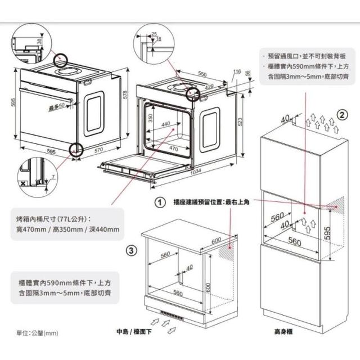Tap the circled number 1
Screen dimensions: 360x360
coord(160,201)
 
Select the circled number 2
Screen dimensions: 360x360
coord(341,115)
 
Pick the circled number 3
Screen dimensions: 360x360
coord(130,250)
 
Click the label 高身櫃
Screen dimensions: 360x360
coord(283,331)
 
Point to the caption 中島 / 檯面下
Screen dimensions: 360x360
coord(134,331)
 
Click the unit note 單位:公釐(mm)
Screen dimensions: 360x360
coord(37,334)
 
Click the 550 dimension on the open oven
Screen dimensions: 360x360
coord(202,74)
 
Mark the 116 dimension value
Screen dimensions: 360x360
coord(236,71)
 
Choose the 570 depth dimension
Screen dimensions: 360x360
coord(98,150)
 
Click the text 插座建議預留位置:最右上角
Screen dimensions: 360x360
coord(211,201)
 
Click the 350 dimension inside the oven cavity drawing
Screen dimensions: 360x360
coord(150,119)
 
